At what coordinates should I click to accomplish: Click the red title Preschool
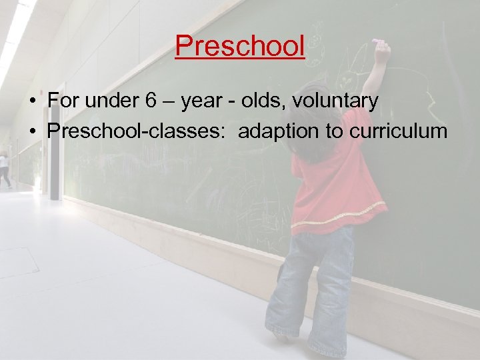(240, 46)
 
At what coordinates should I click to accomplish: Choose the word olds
(269, 101)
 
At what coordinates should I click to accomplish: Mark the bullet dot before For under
(31, 102)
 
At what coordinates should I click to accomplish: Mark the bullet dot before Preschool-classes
(31, 132)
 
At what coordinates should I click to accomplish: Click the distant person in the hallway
(5, 170)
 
